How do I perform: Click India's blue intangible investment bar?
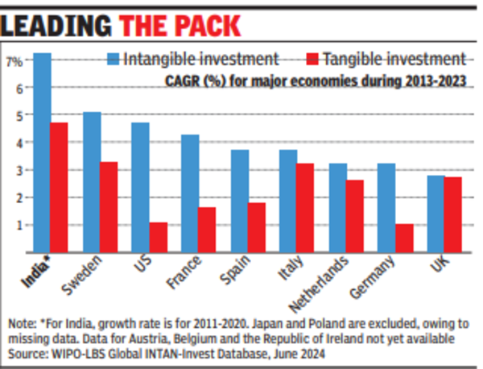point(43,153)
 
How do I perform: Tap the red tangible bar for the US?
point(158,237)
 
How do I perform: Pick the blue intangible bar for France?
point(190,193)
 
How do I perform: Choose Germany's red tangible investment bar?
point(404,238)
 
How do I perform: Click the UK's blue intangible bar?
point(436,214)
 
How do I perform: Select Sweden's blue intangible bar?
point(92,182)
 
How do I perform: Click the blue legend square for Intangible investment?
point(113,59)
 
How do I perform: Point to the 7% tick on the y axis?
point(14,60)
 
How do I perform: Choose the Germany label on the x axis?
point(375,278)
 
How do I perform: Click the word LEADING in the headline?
point(58,25)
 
